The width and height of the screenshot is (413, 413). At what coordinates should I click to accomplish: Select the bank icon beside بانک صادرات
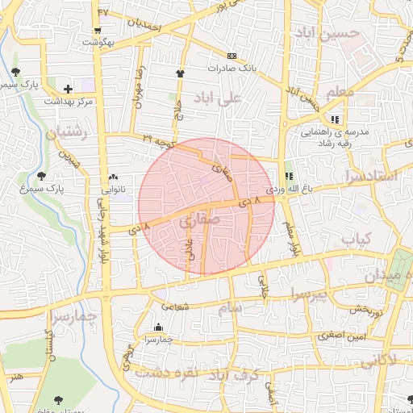pos(232,56)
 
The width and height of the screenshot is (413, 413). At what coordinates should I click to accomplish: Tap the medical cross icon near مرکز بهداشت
pos(68,89)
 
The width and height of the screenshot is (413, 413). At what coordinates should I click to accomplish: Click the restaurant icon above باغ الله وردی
pos(290,175)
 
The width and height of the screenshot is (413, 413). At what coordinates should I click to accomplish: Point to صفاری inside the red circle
pos(194,219)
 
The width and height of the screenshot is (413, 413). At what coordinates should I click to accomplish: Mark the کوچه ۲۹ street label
pos(159,142)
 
